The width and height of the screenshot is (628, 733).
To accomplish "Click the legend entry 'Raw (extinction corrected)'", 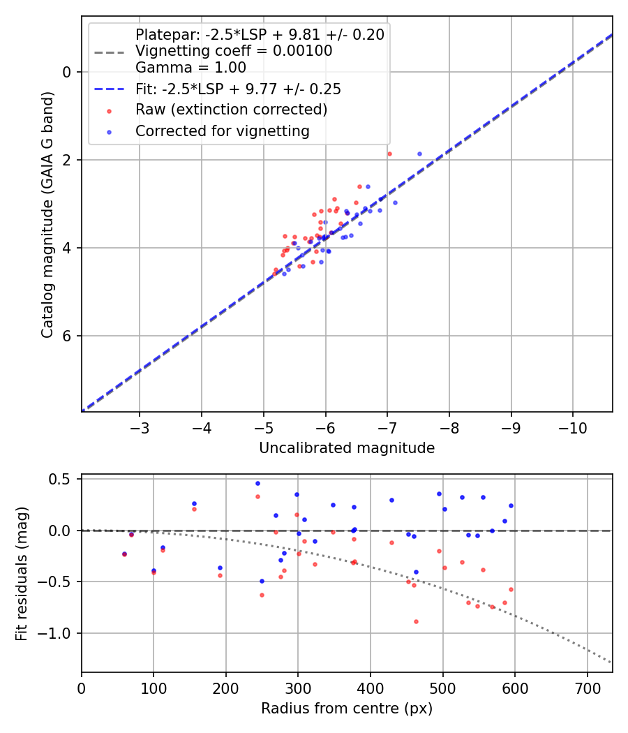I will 231,110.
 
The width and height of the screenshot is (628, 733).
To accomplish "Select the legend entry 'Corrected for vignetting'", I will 222,131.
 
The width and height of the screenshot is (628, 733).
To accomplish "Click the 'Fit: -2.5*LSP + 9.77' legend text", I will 237,89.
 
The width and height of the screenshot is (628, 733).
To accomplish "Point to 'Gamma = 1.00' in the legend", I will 190,68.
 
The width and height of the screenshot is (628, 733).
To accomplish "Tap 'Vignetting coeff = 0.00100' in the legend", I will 234,51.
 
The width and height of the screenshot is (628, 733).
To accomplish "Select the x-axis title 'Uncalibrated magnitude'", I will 347,448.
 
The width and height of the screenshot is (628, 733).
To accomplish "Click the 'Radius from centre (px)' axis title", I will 347,709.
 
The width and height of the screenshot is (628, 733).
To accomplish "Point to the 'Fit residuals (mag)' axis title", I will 22,573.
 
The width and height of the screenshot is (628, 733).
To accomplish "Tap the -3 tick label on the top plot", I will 140,427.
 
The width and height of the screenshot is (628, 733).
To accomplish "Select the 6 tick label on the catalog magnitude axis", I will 67,336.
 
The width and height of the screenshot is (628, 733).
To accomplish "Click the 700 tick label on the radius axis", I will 587,688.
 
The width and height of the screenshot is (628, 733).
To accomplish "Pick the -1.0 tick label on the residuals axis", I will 59,633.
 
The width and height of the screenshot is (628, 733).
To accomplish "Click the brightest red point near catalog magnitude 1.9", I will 389,154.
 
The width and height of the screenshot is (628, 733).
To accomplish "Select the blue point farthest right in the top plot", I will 419,154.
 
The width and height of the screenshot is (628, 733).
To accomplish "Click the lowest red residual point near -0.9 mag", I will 416,621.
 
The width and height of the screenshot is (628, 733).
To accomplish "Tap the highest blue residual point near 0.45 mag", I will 257,483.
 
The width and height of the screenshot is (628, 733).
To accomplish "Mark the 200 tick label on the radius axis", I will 226,688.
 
